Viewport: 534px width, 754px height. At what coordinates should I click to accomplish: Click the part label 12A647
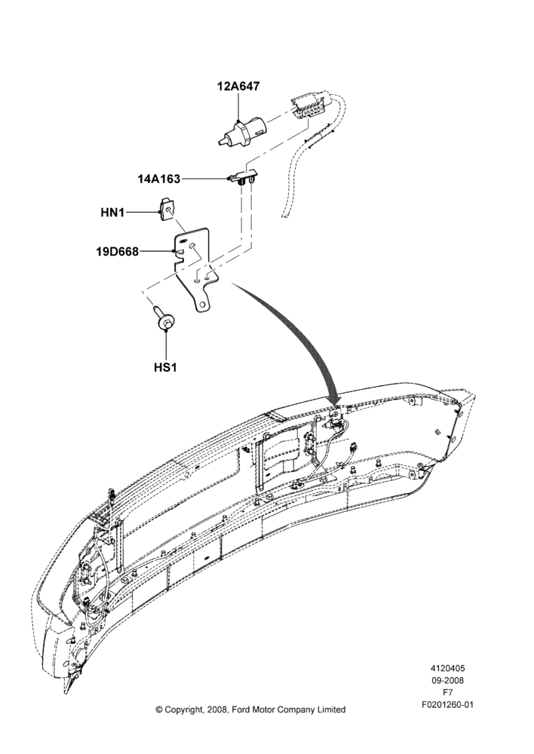point(238,87)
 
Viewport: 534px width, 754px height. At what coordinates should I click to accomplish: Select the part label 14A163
point(158,179)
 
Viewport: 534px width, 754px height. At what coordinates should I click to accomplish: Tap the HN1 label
point(112,212)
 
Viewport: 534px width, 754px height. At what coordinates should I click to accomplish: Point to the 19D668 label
point(118,252)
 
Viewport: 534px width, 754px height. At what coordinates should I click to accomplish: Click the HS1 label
point(165,367)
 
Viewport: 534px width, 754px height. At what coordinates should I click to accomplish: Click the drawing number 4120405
point(447,668)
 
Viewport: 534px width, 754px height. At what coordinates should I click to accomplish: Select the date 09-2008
point(447,680)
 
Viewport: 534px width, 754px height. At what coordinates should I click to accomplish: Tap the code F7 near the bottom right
point(447,692)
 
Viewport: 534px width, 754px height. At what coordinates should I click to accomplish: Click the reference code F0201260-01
point(447,705)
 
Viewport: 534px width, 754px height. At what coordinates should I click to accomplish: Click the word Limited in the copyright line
point(330,710)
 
